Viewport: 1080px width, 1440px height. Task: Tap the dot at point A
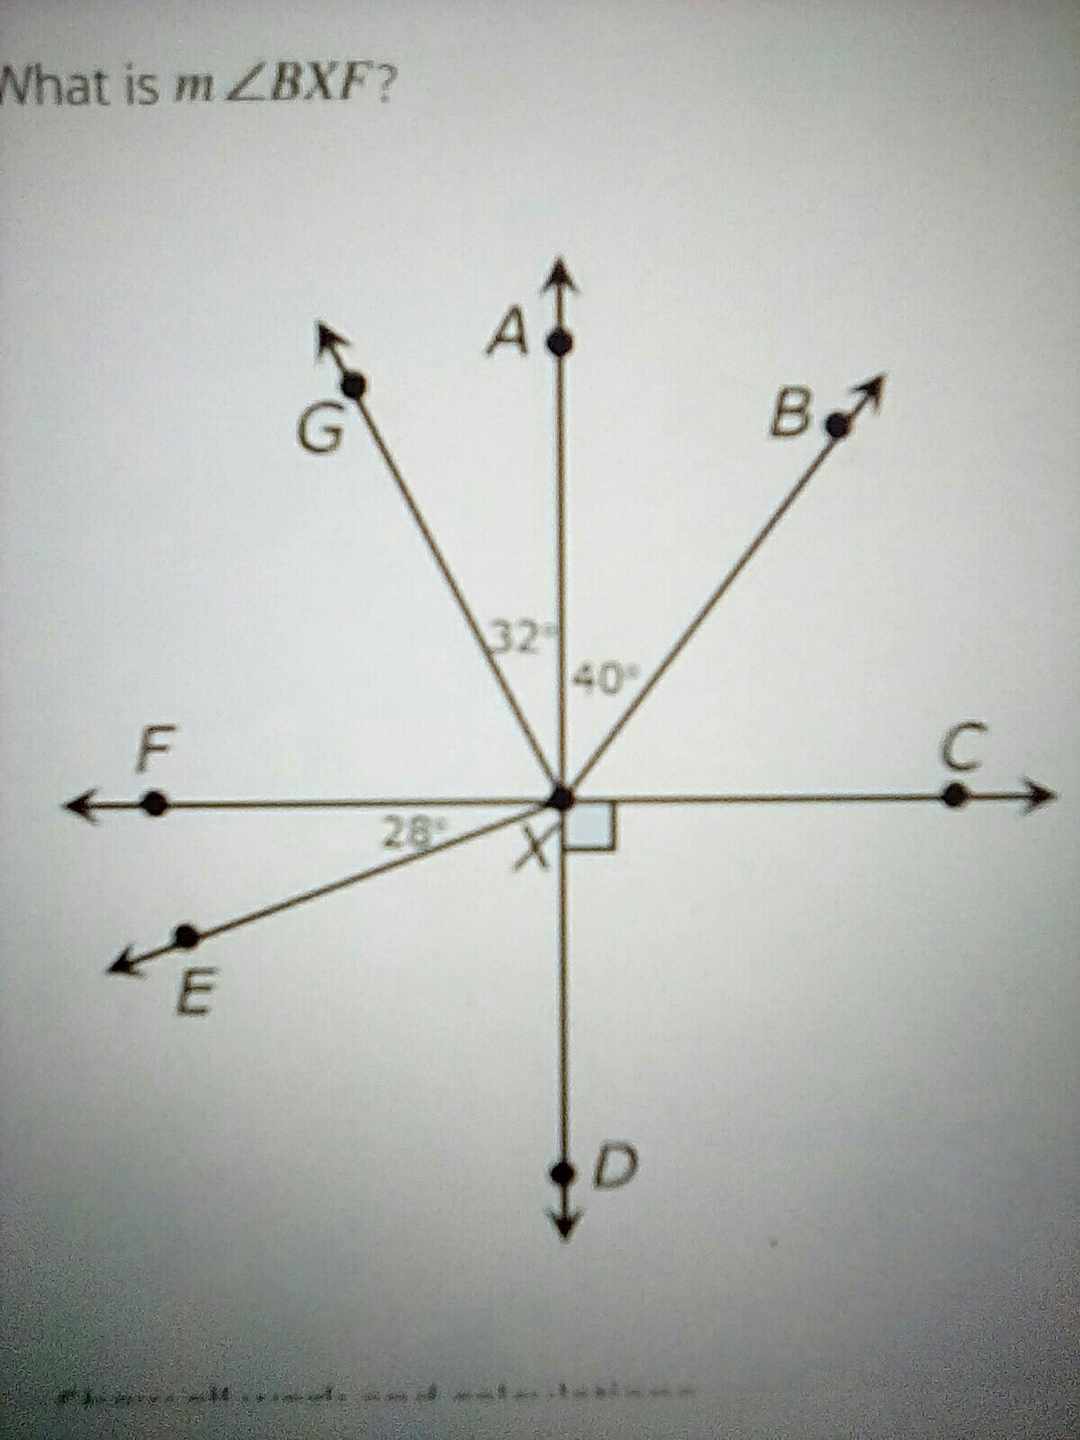click(561, 342)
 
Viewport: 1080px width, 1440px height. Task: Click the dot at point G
click(355, 386)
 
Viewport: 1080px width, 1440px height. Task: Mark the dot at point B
click(838, 425)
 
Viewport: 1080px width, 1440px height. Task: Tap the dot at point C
click(954, 795)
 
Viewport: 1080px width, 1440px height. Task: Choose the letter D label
click(617, 1166)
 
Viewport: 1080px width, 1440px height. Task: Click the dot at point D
click(562, 1173)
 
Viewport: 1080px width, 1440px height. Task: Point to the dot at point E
click(186, 937)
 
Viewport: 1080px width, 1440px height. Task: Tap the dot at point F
click(155, 803)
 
